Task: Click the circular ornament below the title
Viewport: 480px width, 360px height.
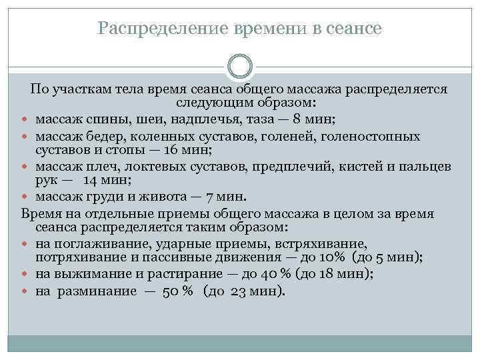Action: [239, 67]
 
